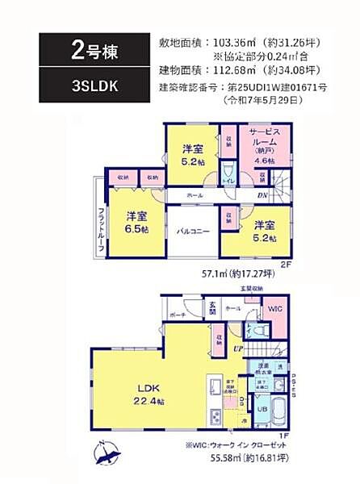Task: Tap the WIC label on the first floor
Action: pos(275,307)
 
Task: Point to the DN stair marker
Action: pos(262,196)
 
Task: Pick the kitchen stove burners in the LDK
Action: pos(216,416)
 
